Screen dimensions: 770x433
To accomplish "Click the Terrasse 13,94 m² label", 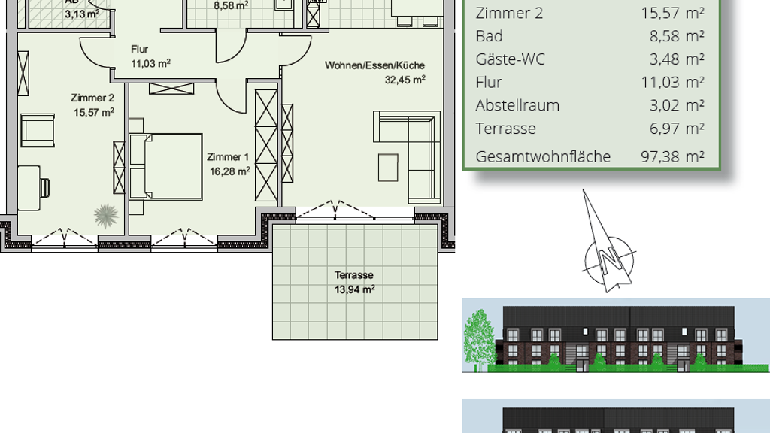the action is [355, 283].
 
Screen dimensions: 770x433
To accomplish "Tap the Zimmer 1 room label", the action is [228, 157].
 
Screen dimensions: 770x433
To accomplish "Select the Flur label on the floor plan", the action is [139, 49].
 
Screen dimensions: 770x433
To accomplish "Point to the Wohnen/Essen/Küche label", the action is [374, 65].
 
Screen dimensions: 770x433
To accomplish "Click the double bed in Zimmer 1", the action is [166, 166].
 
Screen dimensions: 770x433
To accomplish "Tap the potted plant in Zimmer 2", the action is [106, 215].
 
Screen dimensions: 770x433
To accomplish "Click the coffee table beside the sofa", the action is [388, 168].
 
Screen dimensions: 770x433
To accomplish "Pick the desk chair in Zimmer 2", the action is [44, 187].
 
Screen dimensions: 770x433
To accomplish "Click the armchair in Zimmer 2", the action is [38, 130].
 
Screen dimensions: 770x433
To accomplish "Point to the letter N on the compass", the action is [609, 257].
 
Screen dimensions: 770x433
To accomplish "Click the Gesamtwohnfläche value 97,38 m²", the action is [672, 156].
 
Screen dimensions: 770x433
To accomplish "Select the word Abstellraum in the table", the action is [517, 105].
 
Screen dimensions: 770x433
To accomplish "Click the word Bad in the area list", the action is [489, 36].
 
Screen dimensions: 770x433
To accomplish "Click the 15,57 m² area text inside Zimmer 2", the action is [94, 113].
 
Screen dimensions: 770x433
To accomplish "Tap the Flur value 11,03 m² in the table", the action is [673, 82].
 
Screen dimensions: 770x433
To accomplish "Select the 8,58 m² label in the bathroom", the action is [231, 6].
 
